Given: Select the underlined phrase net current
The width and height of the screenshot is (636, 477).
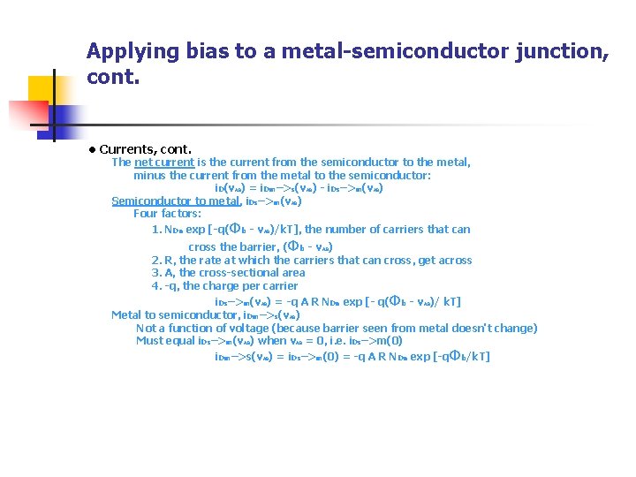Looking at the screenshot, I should [x=163, y=163].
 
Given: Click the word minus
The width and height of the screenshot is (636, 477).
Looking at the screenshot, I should [x=149, y=176].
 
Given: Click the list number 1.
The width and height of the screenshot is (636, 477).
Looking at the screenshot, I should [x=155, y=230].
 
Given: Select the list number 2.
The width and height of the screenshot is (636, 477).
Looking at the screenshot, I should [x=155, y=261].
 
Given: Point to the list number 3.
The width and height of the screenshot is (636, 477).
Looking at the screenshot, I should [x=155, y=273].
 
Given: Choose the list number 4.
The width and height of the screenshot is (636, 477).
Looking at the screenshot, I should [x=155, y=286].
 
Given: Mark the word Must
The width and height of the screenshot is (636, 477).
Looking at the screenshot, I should [x=149, y=340].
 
